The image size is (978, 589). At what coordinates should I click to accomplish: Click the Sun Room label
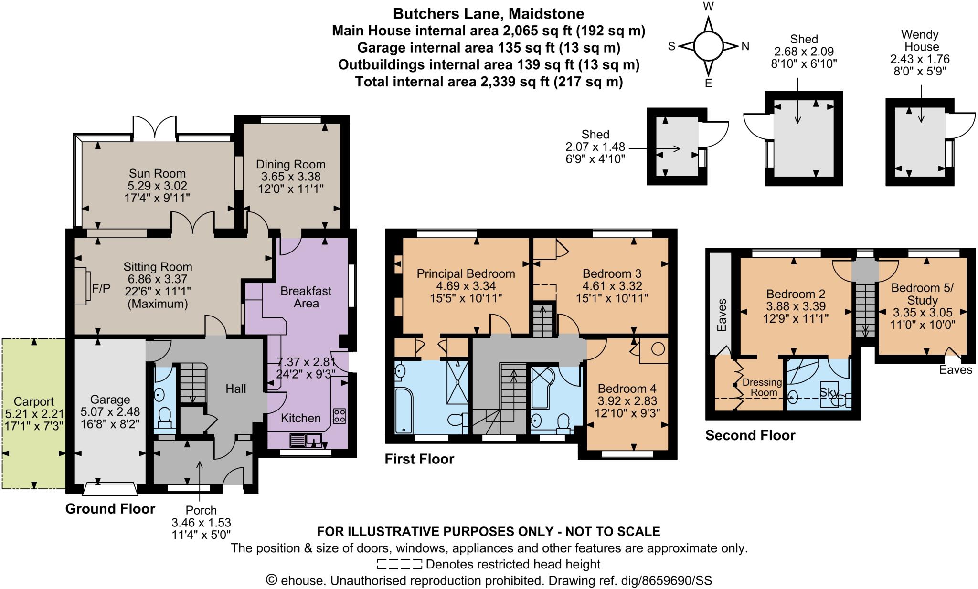(157, 173)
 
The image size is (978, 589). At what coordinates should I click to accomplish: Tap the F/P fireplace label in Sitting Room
(101, 288)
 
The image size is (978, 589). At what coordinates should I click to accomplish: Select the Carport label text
(33, 401)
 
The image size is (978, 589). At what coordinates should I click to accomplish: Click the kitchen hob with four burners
(339, 415)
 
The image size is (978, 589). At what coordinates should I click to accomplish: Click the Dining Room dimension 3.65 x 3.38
(290, 177)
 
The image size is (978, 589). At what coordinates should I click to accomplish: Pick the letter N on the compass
(745, 46)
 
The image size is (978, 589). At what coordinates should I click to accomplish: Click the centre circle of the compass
(708, 46)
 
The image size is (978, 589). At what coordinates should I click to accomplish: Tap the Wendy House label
(920, 41)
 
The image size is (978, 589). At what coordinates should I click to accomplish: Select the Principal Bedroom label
(466, 273)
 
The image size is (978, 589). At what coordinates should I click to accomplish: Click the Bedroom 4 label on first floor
(627, 388)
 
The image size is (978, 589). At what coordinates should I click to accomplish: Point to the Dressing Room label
(762, 387)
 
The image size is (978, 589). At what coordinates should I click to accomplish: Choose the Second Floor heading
(750, 435)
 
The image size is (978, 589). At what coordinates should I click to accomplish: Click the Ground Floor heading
(110, 509)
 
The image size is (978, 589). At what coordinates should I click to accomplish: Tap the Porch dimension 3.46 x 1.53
(201, 523)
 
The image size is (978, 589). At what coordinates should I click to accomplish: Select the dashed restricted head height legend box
(399, 564)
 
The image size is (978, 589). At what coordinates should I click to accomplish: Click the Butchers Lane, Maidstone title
(488, 13)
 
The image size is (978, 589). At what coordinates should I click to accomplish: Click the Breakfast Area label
(306, 297)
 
